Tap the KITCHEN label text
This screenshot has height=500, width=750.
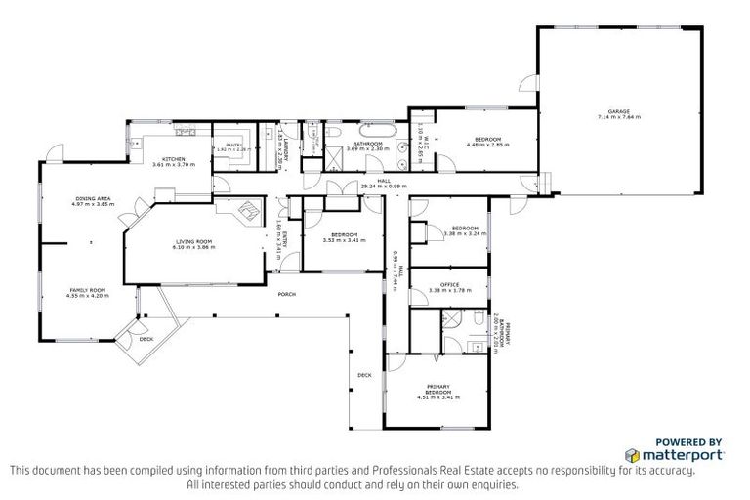click(174, 158)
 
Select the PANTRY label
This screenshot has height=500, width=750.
click(233, 145)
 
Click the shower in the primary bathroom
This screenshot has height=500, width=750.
click(452, 318)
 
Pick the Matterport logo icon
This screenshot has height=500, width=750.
click(632, 455)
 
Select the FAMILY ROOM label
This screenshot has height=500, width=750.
click(87, 290)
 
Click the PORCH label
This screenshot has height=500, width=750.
click(287, 294)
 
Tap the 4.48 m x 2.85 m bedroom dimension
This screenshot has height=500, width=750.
click(487, 145)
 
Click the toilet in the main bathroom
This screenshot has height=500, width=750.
click(333, 131)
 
